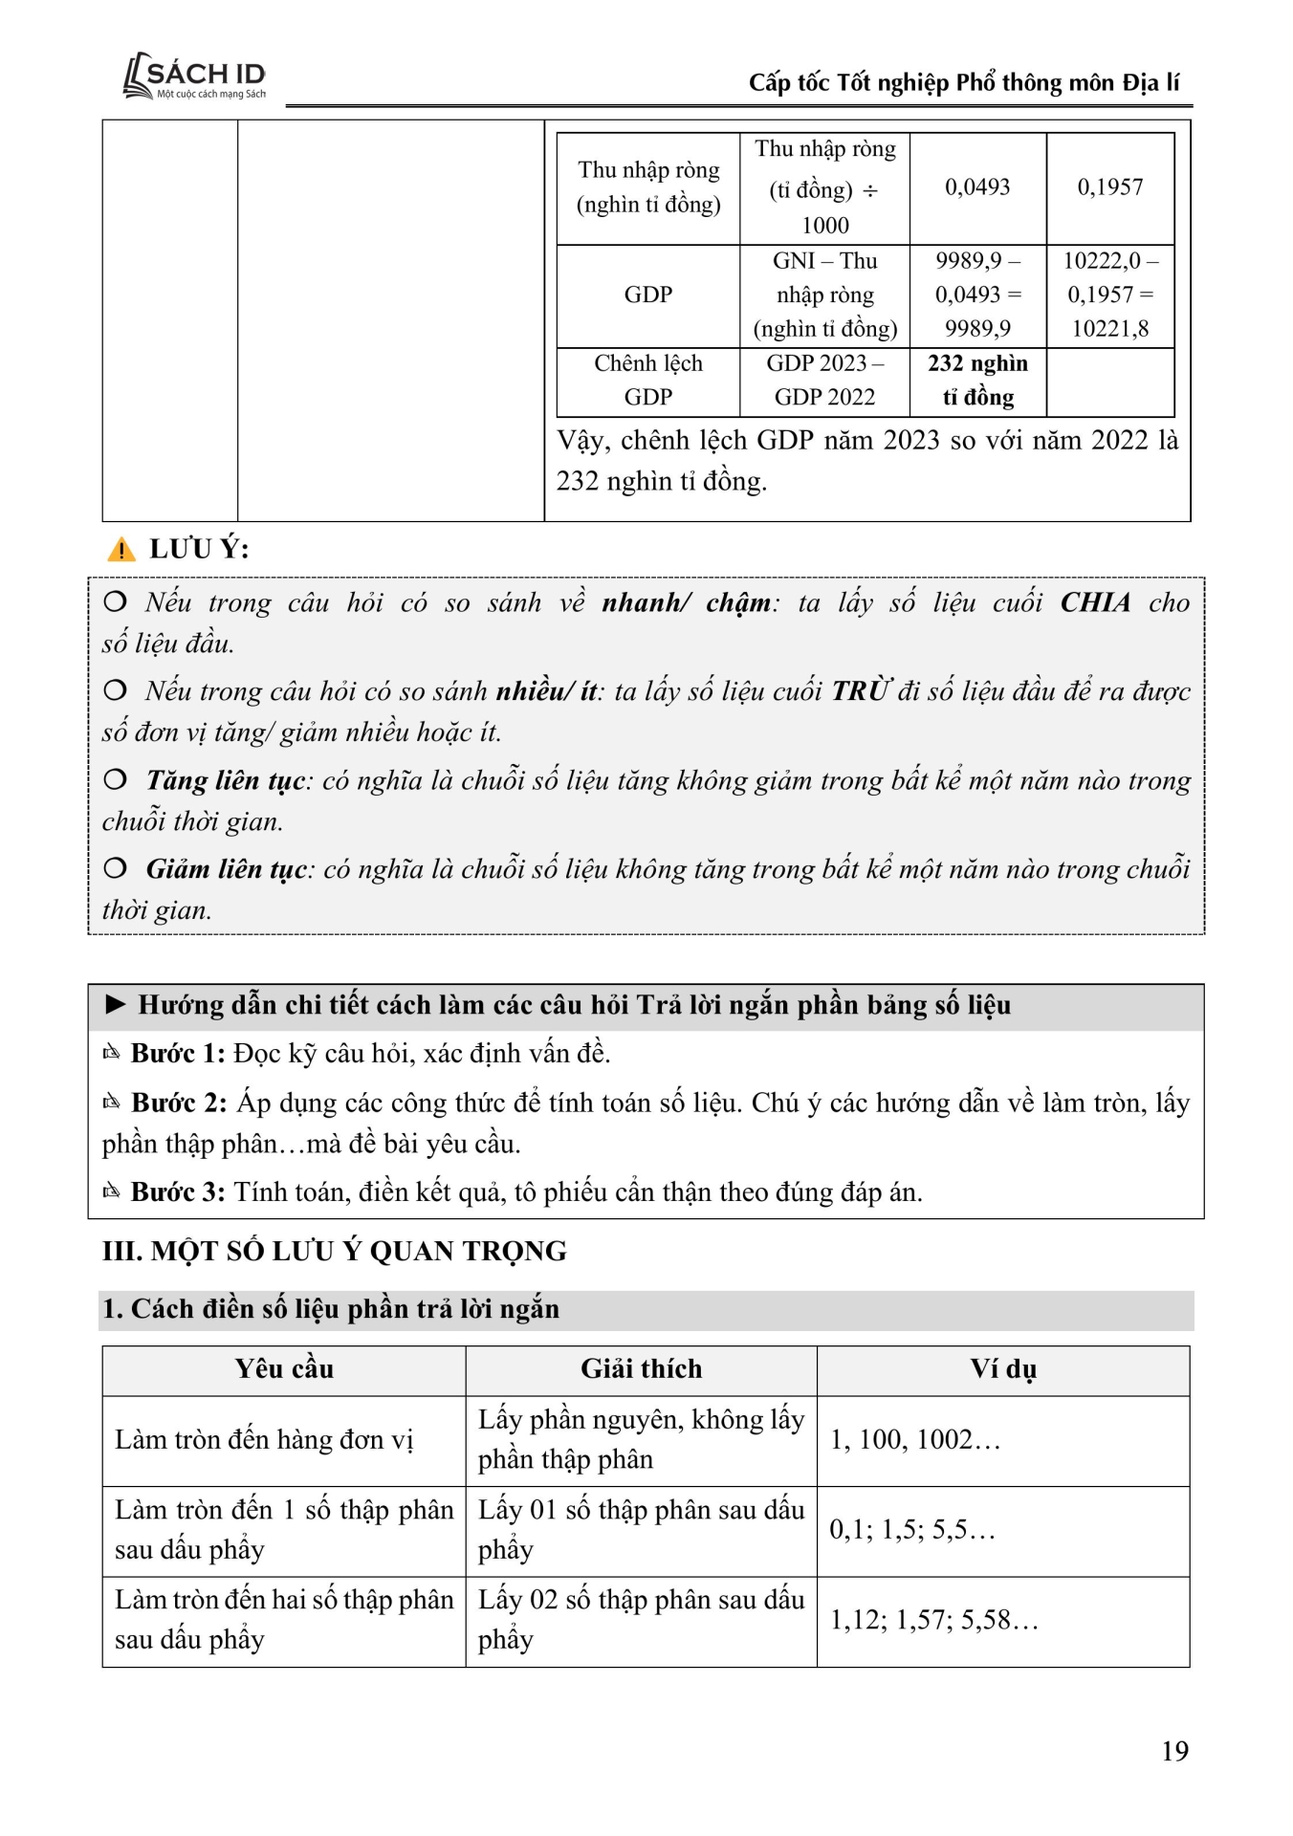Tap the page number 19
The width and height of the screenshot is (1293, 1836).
[1174, 1751]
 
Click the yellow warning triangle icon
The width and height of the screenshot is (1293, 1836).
[121, 550]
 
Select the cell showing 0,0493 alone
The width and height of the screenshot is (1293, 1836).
[977, 187]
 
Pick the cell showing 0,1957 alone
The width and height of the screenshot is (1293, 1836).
[1109, 187]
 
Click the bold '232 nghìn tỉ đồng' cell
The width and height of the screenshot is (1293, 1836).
[977, 381]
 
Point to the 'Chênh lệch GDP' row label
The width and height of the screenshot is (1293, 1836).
[647, 381]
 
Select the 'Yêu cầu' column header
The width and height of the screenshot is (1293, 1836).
[284, 1369]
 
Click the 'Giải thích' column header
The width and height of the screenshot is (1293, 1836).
[641, 1369]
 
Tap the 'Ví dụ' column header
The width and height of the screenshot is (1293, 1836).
[1002, 1369]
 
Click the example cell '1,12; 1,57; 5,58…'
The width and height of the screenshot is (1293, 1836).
[933, 1620]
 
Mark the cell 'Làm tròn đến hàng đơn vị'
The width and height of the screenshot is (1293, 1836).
[264, 1440]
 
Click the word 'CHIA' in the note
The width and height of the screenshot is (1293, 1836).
[1095, 602]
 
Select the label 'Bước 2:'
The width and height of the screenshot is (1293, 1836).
[179, 1103]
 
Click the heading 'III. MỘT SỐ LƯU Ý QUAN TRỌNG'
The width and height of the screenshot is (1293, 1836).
[335, 1251]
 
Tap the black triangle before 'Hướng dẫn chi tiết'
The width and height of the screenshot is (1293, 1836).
[116, 1004]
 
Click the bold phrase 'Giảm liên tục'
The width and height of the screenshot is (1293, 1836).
[227, 869]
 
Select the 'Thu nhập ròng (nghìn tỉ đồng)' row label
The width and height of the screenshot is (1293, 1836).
[647, 187]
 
